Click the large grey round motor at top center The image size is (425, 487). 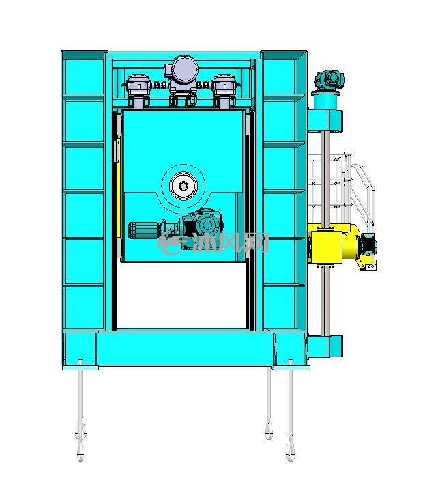pos(185,69)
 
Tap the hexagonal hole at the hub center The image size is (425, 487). pos(184,186)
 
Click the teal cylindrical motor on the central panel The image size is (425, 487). pos(145,230)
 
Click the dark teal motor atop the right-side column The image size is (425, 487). pos(329,80)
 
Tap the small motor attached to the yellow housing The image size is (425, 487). pos(369,245)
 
